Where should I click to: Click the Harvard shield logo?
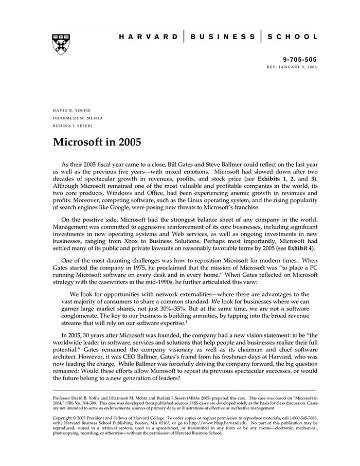[x=61, y=44]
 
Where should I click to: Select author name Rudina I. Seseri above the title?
[x=73, y=126]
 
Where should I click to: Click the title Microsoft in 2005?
[x=97, y=141]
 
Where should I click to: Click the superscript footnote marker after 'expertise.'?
[x=186, y=321]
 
